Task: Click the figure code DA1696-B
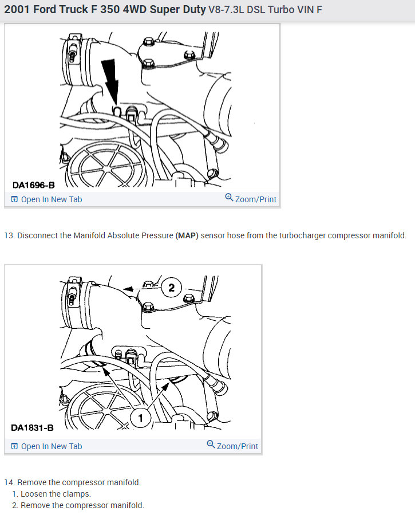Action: [x=34, y=184]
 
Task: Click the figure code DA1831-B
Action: [x=32, y=428]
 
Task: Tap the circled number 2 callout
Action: [x=171, y=287]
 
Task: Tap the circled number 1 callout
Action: [x=141, y=419]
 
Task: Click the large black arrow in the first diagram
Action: [x=112, y=83]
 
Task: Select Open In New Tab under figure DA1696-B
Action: [x=51, y=199]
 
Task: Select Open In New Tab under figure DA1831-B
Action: [x=51, y=446]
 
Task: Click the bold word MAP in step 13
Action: [x=187, y=236]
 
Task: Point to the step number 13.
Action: [x=9, y=236]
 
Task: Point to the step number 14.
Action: [x=9, y=482]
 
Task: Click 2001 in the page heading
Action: [x=18, y=10]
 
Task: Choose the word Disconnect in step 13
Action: [x=37, y=236]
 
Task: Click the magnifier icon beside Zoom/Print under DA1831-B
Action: [x=211, y=445]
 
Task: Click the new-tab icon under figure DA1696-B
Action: [x=14, y=199]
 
